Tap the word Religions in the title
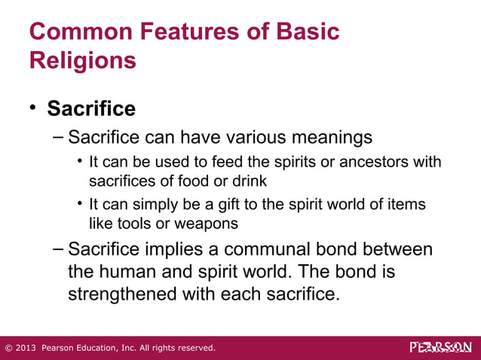[x=83, y=60]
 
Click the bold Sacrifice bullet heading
[x=91, y=109]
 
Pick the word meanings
[x=335, y=138]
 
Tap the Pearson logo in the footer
[x=440, y=347]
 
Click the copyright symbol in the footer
[x=8, y=348]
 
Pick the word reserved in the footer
[x=195, y=348]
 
